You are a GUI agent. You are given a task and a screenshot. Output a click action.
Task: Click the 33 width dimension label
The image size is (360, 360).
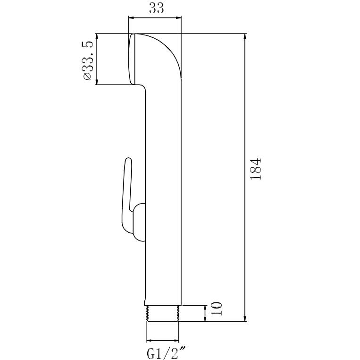[x=157, y=9]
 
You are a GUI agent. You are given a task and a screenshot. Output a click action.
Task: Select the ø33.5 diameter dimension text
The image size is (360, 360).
[x=89, y=60]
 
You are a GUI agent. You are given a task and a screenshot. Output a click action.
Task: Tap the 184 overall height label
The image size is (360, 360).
[x=256, y=169]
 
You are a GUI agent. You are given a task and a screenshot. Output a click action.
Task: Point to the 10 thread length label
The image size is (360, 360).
[x=217, y=309]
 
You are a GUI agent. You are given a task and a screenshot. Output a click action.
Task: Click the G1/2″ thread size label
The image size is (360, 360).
[x=166, y=353]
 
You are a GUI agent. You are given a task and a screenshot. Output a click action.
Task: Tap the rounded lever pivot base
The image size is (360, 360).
[x=139, y=223]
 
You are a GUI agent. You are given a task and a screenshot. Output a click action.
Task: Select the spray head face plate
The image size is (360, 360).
[x=131, y=59]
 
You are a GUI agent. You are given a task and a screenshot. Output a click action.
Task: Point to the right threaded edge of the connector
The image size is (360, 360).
[x=178, y=313]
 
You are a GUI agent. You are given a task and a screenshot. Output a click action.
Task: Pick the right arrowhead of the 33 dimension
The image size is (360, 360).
[x=178, y=17]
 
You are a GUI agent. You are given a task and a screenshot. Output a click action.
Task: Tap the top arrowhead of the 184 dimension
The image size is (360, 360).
[x=245, y=37]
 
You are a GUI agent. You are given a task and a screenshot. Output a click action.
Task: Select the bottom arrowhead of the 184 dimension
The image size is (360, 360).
[x=245, y=318]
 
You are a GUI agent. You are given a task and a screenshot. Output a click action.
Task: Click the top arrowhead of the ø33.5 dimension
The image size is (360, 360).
[x=97, y=37]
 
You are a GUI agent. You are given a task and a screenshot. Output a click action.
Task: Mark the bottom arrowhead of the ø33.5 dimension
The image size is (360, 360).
[x=97, y=82]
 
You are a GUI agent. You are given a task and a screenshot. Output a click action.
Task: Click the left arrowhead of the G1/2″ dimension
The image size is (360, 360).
[x=150, y=340]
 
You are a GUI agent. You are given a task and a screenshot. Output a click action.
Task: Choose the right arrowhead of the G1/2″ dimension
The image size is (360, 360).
[x=176, y=340]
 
